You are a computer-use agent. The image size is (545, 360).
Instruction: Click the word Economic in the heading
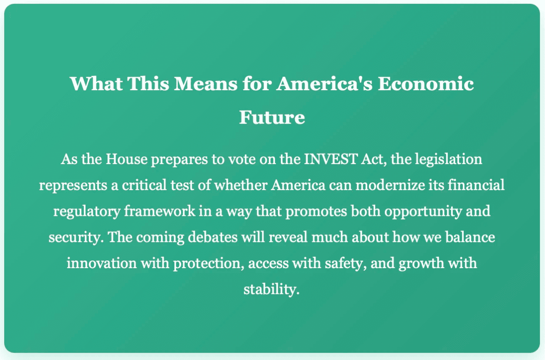pos(425,84)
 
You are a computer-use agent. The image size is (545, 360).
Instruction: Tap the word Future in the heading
pos(272,118)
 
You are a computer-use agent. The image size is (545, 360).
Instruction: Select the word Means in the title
pos(206,84)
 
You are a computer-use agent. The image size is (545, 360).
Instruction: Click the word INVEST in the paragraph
pos(330,159)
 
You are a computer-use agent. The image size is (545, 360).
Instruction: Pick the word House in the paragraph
pos(126,159)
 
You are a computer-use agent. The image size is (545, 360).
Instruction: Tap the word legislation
pos(449,159)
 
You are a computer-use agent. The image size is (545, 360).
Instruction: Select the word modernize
pos(390,185)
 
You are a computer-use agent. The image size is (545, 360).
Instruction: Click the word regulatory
pos(87,212)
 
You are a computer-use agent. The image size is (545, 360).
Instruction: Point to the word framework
pos(160,211)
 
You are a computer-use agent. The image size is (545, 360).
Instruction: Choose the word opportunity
pos(423,212)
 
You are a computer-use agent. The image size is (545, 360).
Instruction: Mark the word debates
pos(213,237)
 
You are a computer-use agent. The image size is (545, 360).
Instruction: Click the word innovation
pos(102,263)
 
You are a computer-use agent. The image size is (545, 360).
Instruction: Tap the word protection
pos(208,263)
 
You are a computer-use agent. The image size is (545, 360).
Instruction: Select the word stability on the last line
pos(271,290)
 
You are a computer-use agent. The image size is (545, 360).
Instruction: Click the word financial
pos(476,185)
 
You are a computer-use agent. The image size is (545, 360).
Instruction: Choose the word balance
pos(470,237)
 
